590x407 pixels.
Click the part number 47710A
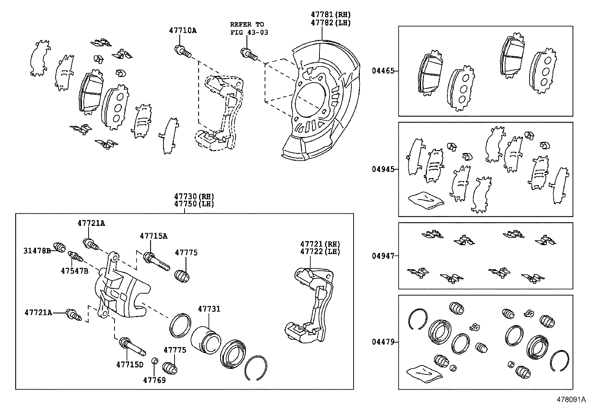click(x=183, y=30)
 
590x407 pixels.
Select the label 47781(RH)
click(x=331, y=15)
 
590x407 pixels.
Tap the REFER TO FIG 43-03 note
click(x=249, y=28)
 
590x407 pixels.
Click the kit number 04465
click(x=383, y=71)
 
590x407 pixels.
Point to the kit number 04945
click(x=383, y=169)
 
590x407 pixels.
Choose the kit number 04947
click(x=383, y=256)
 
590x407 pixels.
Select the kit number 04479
click(x=383, y=342)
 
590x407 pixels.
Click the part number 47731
click(x=209, y=308)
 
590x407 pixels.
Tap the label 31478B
click(x=37, y=251)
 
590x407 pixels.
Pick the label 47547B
click(x=74, y=271)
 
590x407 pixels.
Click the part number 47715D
click(x=130, y=364)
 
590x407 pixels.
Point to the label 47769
click(x=155, y=380)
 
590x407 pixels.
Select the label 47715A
click(x=153, y=236)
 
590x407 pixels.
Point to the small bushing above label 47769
click(x=155, y=360)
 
